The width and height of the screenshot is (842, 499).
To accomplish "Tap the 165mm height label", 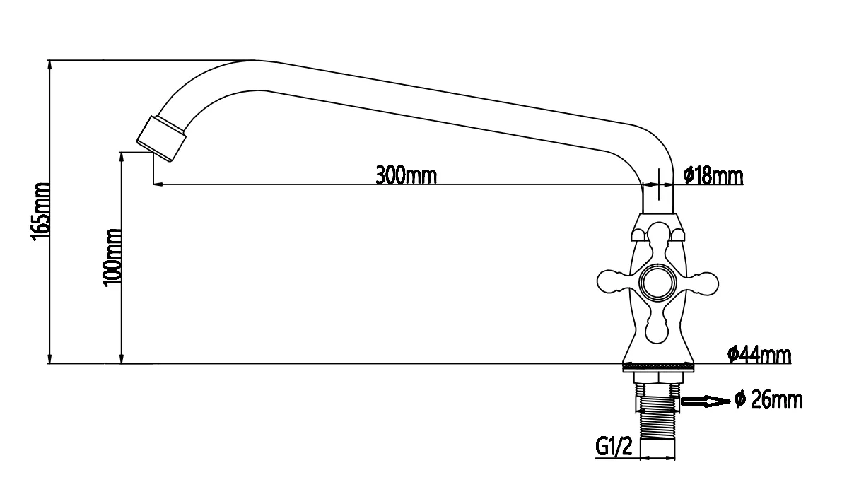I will (x=41, y=212).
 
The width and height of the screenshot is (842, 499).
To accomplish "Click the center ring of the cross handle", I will (x=657, y=282).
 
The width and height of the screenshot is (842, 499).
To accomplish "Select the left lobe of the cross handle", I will (x=614, y=282).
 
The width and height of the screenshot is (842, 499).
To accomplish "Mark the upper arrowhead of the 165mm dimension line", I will (x=49, y=64).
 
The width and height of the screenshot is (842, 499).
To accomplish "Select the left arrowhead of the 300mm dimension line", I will (x=158, y=185).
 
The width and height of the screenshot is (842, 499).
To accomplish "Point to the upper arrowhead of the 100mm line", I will (x=122, y=157).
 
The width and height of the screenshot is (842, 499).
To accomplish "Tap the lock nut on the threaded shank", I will (x=658, y=404).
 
